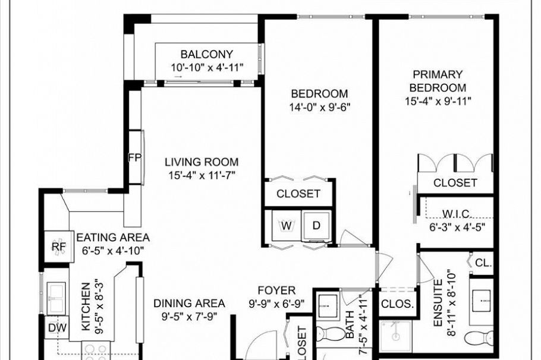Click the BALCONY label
point(207,53)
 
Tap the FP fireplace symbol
point(134,158)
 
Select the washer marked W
point(287,226)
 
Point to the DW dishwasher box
point(57,327)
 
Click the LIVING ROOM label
point(202,162)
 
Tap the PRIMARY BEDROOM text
point(438,81)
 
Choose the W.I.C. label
point(457,214)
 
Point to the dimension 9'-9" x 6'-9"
point(276,303)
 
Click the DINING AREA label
point(188,303)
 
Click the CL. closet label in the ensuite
point(483,262)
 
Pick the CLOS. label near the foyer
point(397,304)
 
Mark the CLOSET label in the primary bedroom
point(455,182)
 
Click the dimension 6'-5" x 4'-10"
point(112,250)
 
